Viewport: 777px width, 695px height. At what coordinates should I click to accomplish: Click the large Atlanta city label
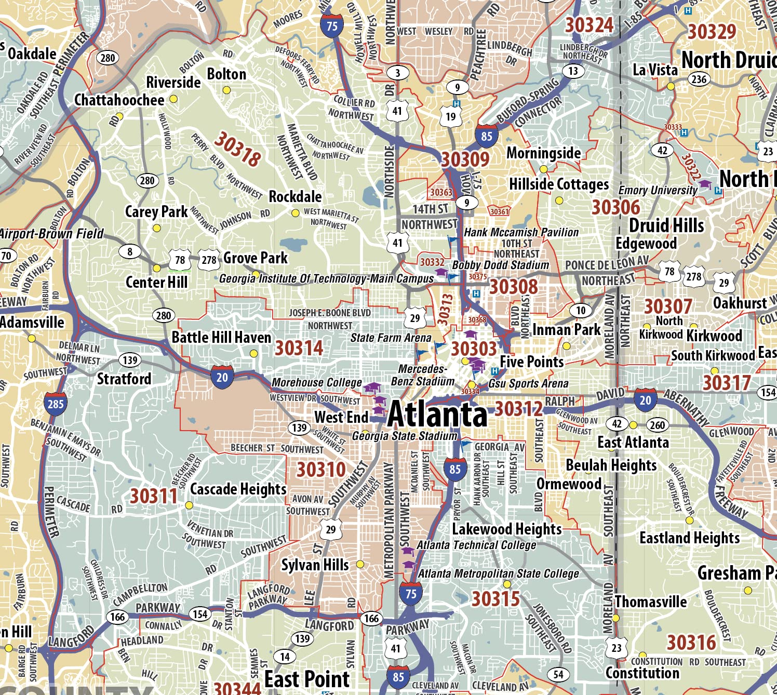point(437,415)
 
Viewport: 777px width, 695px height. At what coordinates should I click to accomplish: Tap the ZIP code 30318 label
point(237,149)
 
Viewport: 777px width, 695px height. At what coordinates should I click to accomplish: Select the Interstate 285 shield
point(55,404)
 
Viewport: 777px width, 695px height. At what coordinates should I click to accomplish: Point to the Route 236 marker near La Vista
point(699,79)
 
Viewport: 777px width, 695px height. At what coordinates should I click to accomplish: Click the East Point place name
point(307,679)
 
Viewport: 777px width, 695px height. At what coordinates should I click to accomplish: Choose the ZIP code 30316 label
point(691,643)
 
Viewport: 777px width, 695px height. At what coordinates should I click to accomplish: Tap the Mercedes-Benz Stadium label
point(422,375)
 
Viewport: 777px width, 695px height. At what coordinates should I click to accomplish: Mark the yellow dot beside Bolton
point(226,90)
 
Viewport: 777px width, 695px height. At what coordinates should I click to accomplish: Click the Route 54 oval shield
point(558,674)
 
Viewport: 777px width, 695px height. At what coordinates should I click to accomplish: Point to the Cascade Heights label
point(238,489)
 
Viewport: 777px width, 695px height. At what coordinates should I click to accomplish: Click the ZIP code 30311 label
point(153,496)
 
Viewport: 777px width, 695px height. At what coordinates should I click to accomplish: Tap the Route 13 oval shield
point(573,71)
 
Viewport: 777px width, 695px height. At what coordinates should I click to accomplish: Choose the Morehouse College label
point(317,383)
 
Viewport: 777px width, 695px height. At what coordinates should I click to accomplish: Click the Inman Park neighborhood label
point(566,330)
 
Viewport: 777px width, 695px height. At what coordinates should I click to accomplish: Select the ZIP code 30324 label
point(589,25)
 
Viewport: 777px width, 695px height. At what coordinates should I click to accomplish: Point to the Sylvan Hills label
point(315,565)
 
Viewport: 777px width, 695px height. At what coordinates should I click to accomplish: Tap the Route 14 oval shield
point(285,657)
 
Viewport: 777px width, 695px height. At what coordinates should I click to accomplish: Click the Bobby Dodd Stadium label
point(500,265)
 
